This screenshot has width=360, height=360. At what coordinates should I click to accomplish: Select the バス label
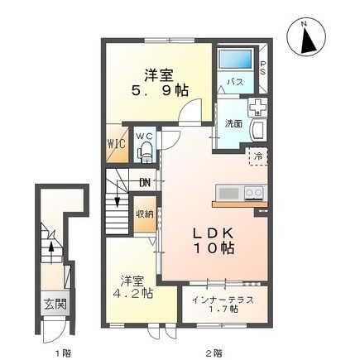(x=234, y=83)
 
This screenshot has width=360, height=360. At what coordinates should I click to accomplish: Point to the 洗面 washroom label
(x=233, y=123)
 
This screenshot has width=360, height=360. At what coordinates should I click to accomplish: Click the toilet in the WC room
(x=146, y=150)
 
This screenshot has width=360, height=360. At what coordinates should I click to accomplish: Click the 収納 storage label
(x=144, y=214)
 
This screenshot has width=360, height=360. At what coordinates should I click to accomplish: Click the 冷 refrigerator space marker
(x=258, y=156)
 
